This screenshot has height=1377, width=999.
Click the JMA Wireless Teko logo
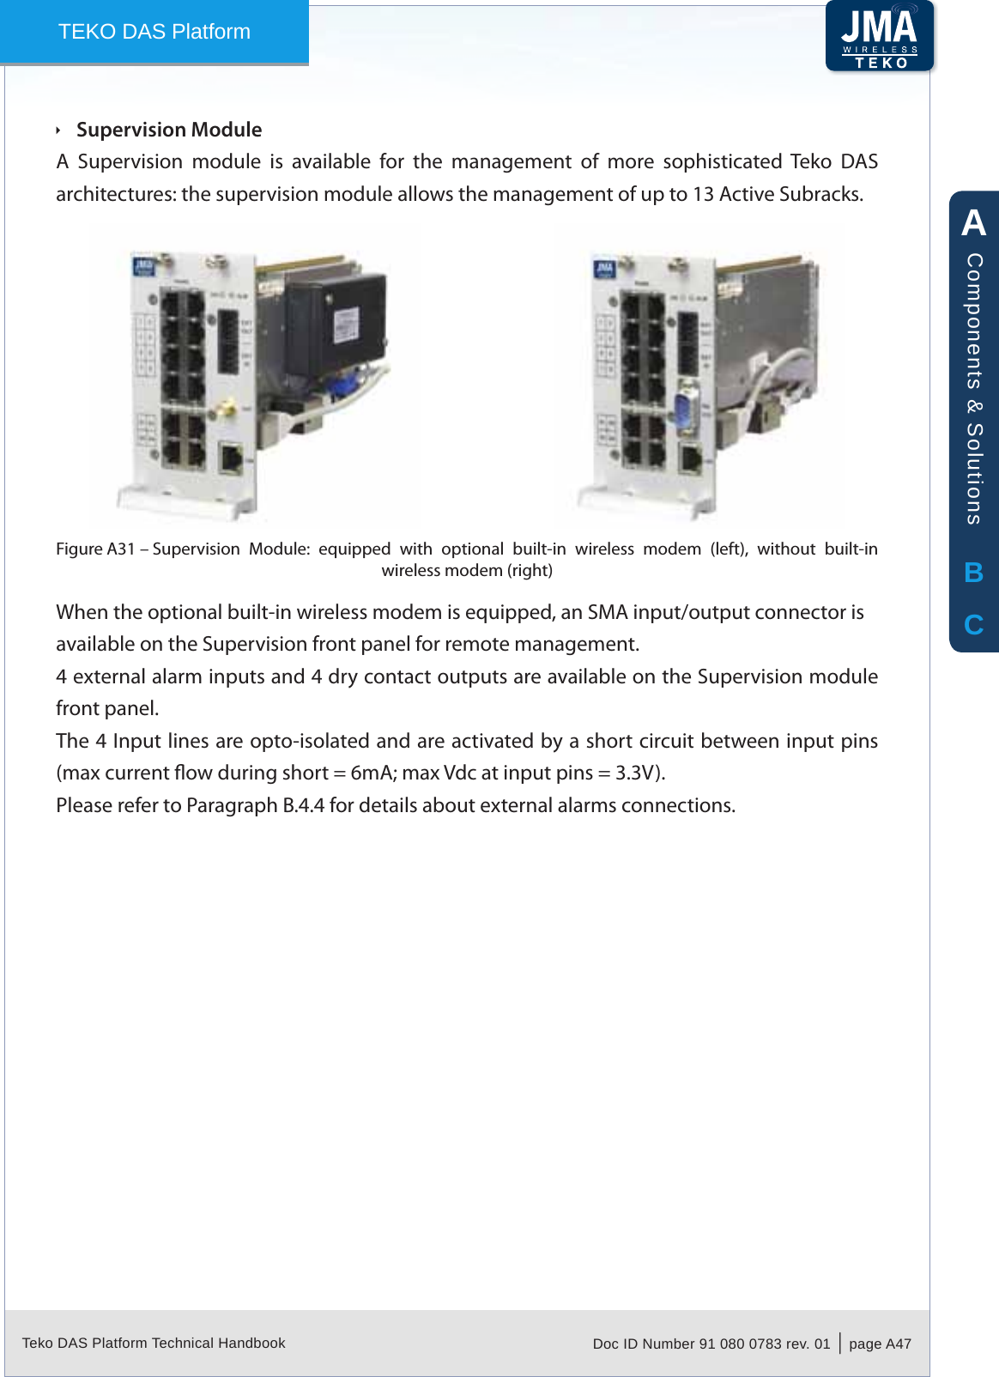coord(880,36)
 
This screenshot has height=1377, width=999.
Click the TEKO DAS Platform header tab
coord(154,32)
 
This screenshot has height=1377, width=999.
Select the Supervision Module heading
coord(169,130)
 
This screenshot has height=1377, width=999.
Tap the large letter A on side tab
coord(973,223)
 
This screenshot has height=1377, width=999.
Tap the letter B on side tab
coord(973,573)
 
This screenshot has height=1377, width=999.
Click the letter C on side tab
coord(973,624)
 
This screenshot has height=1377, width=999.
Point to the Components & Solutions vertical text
coord(974,388)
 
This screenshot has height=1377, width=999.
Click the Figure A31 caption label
coord(96,549)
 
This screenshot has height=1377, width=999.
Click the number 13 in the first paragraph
coord(704,195)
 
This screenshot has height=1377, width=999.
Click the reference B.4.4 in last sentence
coord(303,806)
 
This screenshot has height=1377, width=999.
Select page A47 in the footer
coord(880,1344)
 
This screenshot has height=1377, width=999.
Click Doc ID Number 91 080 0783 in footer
coord(711,1344)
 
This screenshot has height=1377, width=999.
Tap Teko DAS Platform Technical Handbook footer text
coord(154,1343)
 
